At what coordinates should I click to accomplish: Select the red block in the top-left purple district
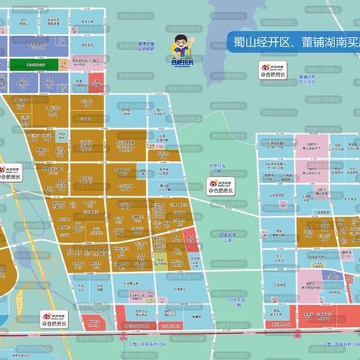coord(96,81)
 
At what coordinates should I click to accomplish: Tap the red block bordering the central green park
coord(191,240)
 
